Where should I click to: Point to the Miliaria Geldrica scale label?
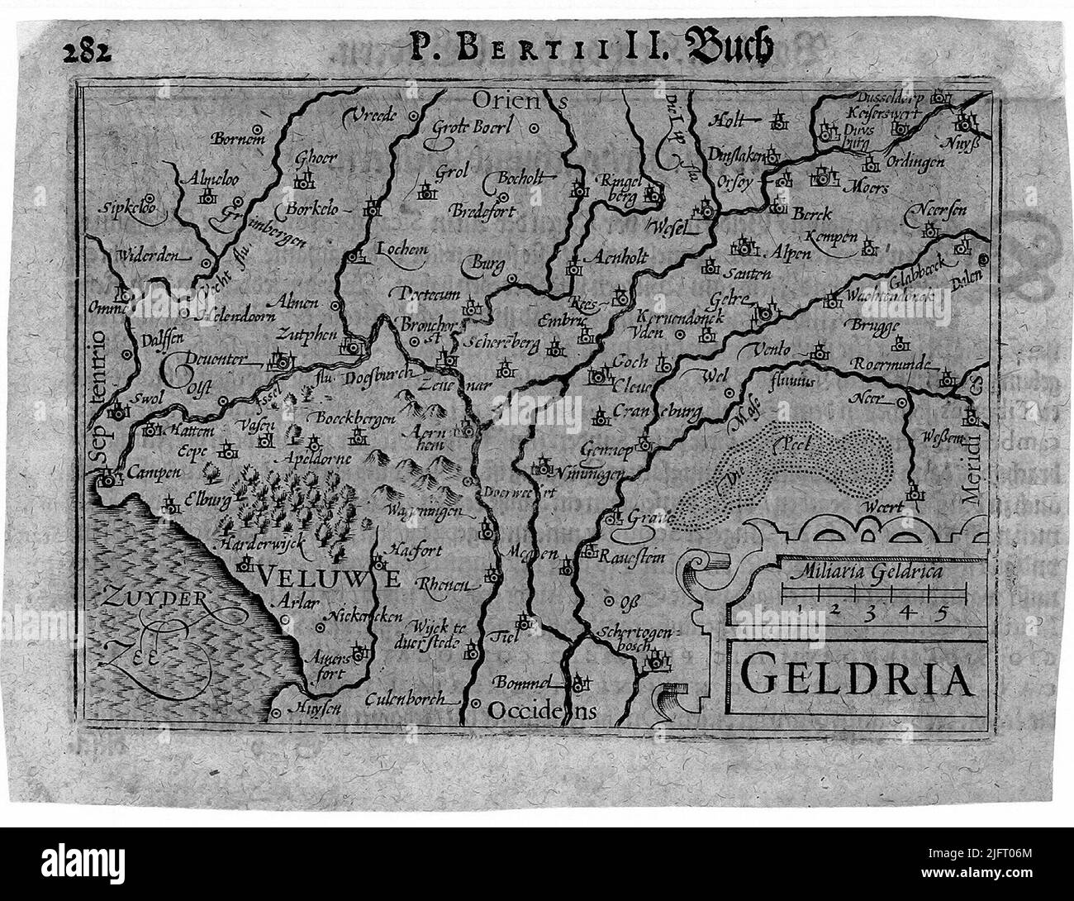click(864, 570)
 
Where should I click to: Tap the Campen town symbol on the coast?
click(108, 478)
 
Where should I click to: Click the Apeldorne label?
click(316, 457)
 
